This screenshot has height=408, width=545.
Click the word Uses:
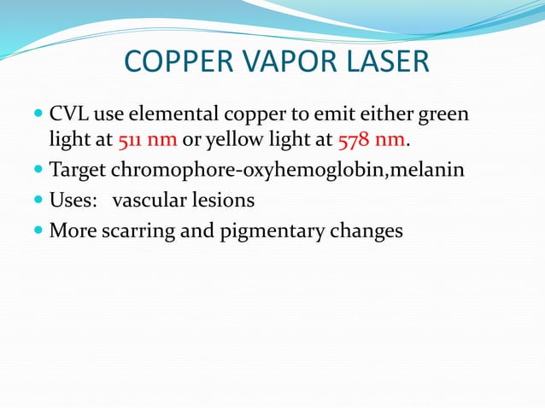(70, 201)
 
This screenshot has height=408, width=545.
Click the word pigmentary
(255, 231)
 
